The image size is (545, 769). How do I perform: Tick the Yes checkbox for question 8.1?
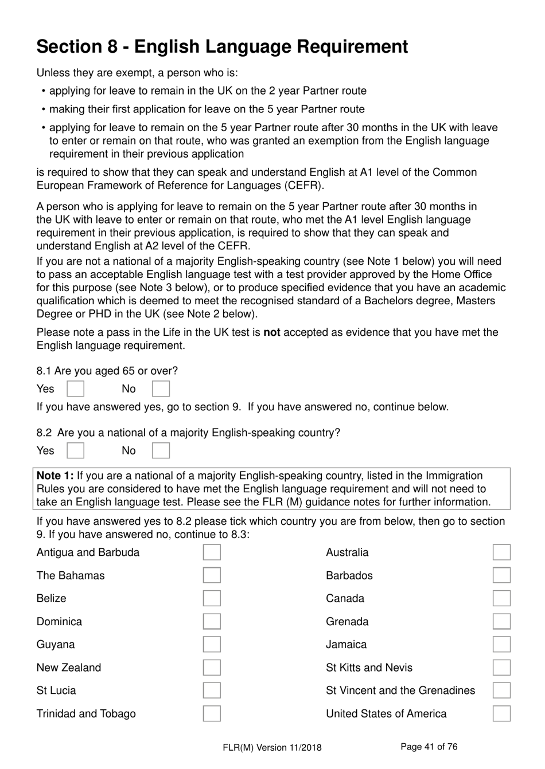(75, 389)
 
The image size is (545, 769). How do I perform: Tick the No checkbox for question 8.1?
(161, 389)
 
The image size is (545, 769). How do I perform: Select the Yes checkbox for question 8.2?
(75, 450)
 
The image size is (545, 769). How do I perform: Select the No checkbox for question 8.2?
(161, 450)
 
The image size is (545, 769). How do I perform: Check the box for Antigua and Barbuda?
(212, 552)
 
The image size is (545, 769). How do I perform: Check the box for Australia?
(501, 552)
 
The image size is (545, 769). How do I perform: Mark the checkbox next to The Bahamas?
(212, 575)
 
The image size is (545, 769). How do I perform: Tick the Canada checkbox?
(501, 598)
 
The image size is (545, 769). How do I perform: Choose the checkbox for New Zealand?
(212, 668)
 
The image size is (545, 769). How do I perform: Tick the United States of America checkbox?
(501, 713)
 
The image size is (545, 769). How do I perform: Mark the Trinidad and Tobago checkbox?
(212, 713)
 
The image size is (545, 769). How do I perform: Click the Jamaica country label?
(346, 645)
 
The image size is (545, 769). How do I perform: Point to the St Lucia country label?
(56, 690)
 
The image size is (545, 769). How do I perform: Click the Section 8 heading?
(222, 46)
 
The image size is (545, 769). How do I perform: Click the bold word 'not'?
(271, 332)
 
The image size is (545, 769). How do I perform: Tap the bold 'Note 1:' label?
(55, 476)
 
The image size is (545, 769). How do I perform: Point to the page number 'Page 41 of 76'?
(429, 747)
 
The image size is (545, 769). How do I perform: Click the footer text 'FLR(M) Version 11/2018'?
(272, 747)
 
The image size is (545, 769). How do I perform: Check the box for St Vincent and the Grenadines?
(501, 690)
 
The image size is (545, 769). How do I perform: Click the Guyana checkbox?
(212, 645)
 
